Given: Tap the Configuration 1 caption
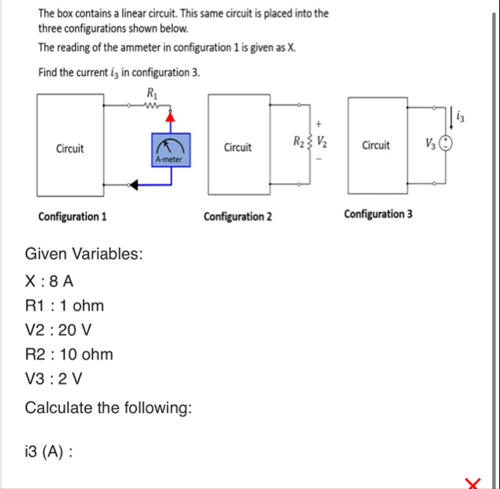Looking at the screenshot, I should click(x=73, y=216).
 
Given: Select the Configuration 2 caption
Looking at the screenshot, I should click(x=237, y=216).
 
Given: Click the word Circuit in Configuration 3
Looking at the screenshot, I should click(x=376, y=145).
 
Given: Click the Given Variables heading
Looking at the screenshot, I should click(x=84, y=254).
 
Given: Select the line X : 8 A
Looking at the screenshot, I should click(x=51, y=280).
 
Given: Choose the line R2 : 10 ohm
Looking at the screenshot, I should click(x=69, y=355).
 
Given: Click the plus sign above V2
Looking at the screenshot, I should click(x=319, y=124).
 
